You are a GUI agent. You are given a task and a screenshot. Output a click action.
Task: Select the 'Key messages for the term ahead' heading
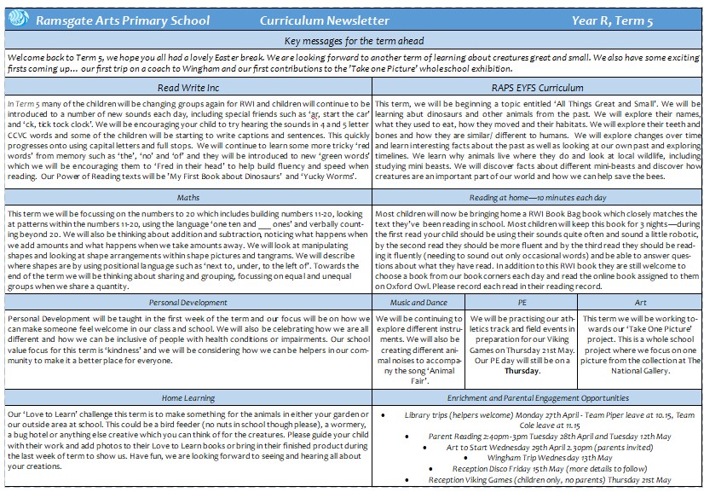[x=353, y=41]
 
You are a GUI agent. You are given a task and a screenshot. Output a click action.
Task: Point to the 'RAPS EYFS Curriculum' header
[x=537, y=87]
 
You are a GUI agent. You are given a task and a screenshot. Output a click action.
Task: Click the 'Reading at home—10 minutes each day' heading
[x=537, y=198]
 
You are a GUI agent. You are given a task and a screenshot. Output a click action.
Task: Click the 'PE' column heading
[x=522, y=303]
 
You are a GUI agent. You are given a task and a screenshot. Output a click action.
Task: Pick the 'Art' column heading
[x=641, y=303]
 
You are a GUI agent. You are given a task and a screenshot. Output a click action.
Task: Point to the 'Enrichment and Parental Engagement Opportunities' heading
[x=537, y=397]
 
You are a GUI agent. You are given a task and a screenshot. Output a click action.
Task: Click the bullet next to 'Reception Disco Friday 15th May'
[x=441, y=469]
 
